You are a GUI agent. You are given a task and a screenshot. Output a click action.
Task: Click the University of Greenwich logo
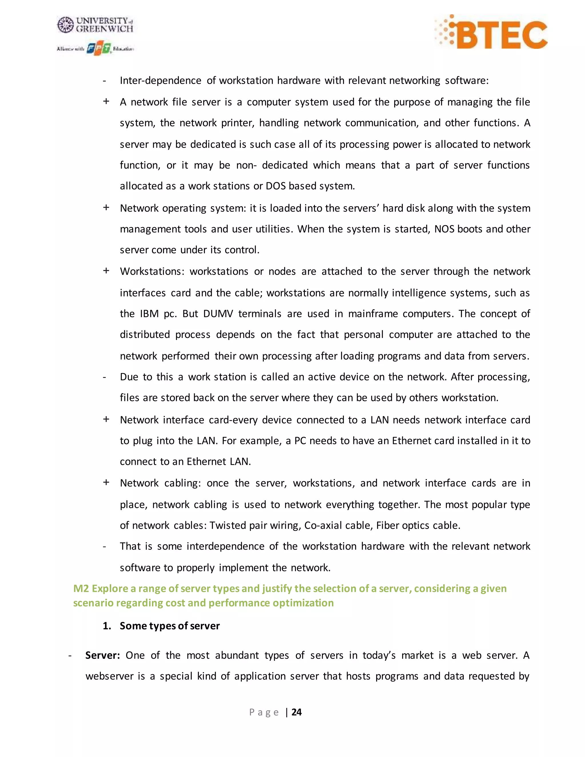point(95,25)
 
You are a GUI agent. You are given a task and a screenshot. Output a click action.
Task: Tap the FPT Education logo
point(99,49)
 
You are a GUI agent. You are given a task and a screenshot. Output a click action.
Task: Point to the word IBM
point(149,314)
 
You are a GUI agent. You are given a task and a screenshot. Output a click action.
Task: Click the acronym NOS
point(444,229)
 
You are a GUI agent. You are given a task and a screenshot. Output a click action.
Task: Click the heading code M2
point(81,588)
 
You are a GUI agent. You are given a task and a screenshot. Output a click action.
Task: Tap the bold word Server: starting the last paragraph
point(103,655)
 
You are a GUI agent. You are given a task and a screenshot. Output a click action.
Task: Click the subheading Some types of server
point(169,626)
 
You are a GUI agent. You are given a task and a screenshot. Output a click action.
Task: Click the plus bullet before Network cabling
point(106,482)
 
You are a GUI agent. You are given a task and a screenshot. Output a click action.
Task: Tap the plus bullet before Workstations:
point(106,271)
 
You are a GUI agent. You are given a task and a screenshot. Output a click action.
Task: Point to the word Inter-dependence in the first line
point(161,81)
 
